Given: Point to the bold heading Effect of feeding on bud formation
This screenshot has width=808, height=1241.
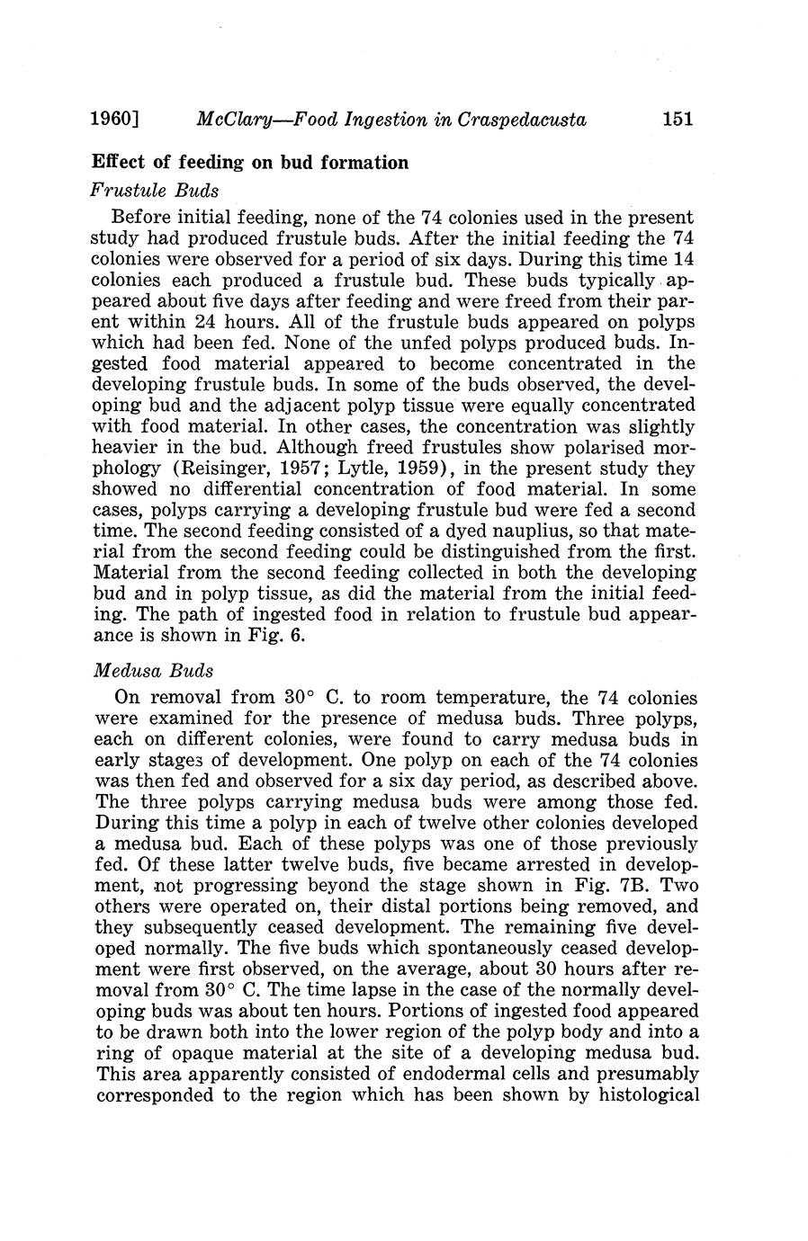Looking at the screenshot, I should (250, 163).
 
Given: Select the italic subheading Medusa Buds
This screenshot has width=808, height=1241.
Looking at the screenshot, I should (151, 671).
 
